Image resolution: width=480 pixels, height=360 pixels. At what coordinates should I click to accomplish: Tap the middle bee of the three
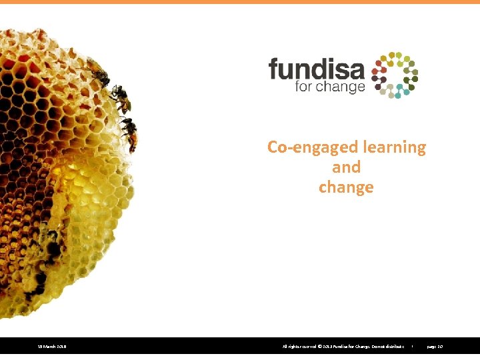121,99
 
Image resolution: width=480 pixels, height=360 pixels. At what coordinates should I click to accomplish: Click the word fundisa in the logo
316,69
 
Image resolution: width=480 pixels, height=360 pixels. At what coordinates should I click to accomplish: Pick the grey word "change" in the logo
341,87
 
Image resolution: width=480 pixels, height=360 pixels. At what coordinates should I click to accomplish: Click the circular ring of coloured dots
395,75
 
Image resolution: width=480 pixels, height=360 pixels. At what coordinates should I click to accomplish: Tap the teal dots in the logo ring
399,93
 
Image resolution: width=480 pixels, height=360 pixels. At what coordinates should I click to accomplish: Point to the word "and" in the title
346,167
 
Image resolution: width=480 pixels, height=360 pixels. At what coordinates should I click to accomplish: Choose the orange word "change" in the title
346,187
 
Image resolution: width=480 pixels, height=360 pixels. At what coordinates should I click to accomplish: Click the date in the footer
51,347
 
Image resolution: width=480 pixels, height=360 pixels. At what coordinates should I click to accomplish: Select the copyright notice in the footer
343,347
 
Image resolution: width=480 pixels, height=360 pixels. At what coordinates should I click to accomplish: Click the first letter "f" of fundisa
273,68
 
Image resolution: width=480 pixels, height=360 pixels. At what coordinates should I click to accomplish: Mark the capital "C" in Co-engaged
273,147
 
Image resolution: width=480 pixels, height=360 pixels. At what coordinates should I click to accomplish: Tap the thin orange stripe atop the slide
240,2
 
